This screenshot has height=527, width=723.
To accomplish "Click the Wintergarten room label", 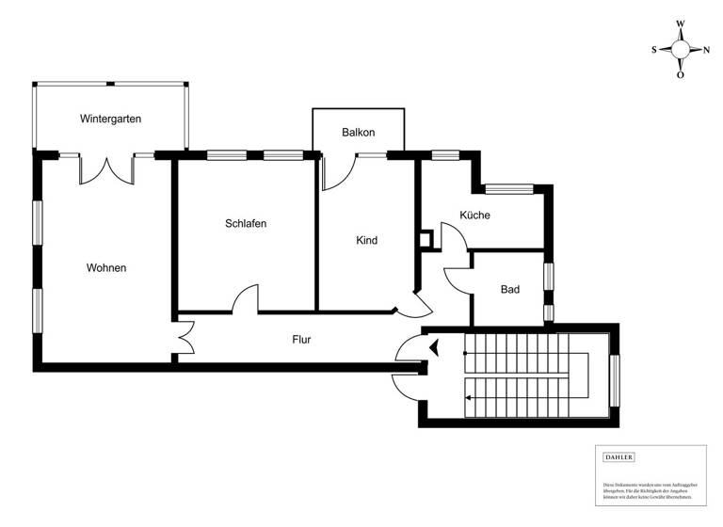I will [x=111, y=119].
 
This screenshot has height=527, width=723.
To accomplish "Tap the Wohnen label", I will [x=106, y=267].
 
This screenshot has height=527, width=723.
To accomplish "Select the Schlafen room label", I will [x=246, y=224].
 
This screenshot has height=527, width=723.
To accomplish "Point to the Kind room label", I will [x=366, y=240].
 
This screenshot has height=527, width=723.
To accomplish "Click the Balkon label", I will [x=359, y=133].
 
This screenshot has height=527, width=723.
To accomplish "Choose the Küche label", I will [x=474, y=215].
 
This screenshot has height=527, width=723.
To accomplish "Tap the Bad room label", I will [x=510, y=290].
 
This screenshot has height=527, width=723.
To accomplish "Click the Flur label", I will [x=301, y=340].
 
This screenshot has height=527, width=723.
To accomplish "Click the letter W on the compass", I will [x=681, y=24].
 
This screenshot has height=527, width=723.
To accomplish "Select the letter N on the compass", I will [x=706, y=50].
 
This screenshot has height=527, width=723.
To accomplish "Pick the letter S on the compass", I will [x=654, y=50].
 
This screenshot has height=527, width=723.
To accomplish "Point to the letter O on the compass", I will [x=681, y=75].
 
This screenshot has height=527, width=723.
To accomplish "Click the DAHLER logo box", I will [x=619, y=457].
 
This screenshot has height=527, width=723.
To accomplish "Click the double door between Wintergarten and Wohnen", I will [x=106, y=169].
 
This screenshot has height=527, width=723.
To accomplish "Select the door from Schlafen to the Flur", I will [x=245, y=299].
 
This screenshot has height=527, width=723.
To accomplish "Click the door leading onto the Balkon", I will [x=337, y=169].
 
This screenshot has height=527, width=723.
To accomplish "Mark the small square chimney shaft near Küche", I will [x=426, y=239].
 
